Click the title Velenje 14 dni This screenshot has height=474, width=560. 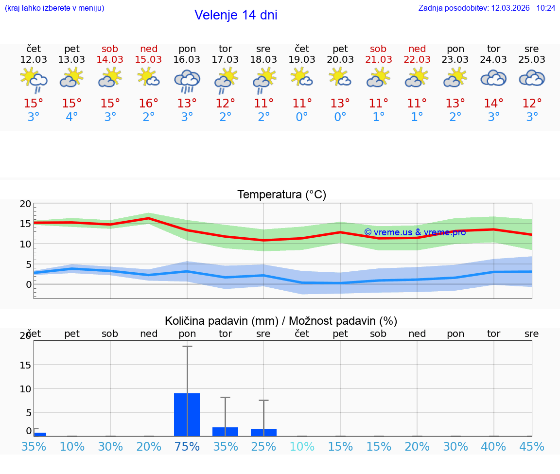coord(236,15)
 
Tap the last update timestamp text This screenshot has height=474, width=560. coord(487,8)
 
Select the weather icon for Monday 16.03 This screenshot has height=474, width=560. coord(187,81)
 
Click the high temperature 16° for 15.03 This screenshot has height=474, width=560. coord(149,104)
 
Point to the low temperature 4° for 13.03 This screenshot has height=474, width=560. coord(72,117)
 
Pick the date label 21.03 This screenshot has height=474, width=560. coord(378,60)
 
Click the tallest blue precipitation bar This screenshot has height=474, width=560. coord(187,414)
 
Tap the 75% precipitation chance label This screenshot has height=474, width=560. coord(187,446)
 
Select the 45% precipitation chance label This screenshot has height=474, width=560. coord(532,446)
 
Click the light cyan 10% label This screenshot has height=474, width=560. coord(302,446)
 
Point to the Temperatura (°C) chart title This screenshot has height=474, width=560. coord(282,195)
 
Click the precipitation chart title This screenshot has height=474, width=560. coord(281,321)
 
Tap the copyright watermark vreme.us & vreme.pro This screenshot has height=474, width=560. coord(415,232)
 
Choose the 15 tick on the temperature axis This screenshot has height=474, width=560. coord(26,224)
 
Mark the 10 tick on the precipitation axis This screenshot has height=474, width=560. coord(26,388)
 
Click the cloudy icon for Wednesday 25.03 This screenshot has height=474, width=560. coord(532,78)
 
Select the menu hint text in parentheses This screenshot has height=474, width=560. coord(54,8)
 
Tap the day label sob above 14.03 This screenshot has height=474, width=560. coord(110,49)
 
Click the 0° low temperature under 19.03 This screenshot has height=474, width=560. coord(302,117)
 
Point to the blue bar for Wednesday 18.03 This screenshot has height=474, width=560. coord(263,432)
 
